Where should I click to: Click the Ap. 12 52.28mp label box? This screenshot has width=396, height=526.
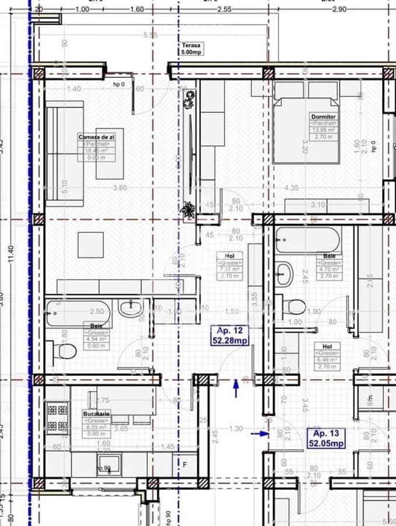[x=229, y=336]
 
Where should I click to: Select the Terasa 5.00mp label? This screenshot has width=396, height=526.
[x=191, y=49]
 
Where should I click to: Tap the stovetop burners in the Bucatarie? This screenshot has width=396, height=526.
[x=57, y=417]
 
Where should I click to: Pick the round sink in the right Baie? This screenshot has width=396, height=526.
[x=284, y=274]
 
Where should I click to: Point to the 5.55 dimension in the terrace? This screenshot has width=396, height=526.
[x=150, y=35]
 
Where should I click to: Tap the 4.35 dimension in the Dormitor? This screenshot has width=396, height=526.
[x=292, y=188]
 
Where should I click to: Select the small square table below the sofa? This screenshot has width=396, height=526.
[x=90, y=245]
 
